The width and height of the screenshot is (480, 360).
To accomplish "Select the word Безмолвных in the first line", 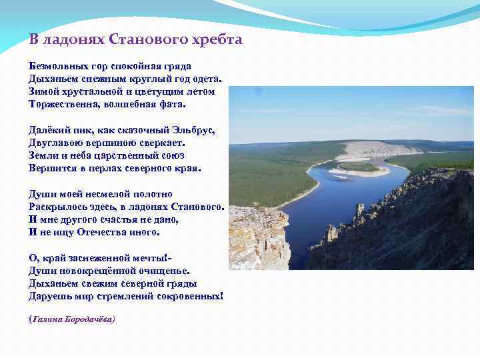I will pos(55,67).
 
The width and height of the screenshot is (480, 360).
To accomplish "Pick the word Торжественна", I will pos(62,105).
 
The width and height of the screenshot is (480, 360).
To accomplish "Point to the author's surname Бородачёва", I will pos(89,319).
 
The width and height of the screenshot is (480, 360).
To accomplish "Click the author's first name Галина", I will pos(46,319).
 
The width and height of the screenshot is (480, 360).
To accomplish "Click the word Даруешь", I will pos(49,295).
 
